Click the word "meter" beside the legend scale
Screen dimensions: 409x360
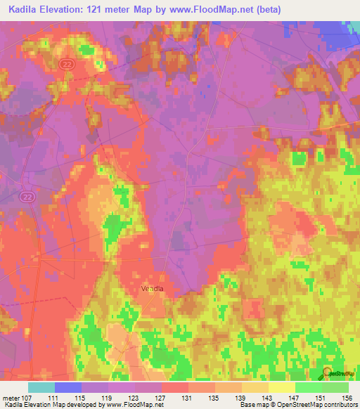pyautogui.click(x=13, y=398)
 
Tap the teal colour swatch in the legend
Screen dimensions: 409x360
pyautogui.click(x=41, y=387)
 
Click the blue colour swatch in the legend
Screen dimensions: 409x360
pyautogui.click(x=67, y=387)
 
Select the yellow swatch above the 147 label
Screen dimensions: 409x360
pyautogui.click(x=281, y=387)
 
